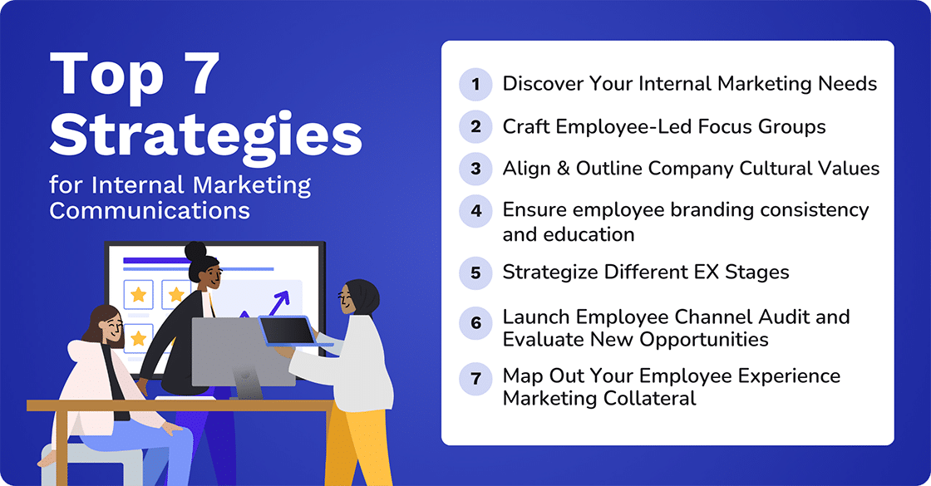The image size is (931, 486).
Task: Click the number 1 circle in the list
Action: click(475, 84)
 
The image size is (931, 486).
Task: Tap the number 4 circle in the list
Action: click(475, 210)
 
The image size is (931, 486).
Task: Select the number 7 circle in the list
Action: click(475, 378)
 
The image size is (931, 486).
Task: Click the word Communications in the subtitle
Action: click(150, 209)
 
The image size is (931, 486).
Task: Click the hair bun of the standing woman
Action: click(195, 250)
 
